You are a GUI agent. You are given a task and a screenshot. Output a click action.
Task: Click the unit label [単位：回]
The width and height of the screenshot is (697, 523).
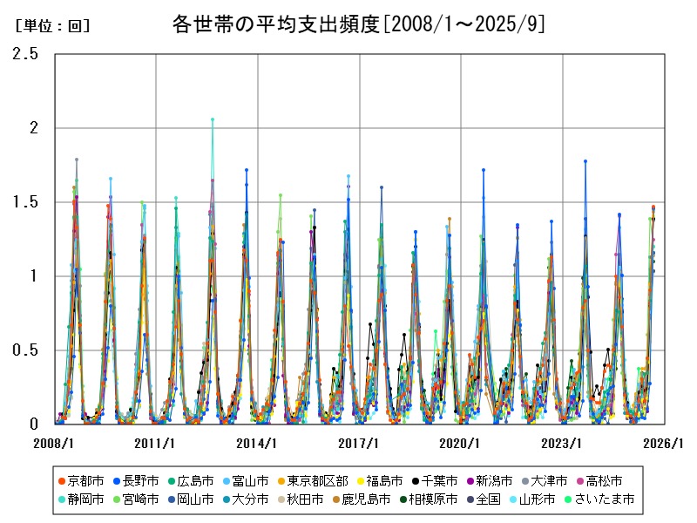click(53, 26)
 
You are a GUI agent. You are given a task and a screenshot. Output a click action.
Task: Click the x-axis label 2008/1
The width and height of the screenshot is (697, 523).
click(54, 443)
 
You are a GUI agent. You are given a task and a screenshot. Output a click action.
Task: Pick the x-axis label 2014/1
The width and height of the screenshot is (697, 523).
click(258, 443)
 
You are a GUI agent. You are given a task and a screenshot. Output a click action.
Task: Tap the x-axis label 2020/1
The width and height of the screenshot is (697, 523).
click(461, 443)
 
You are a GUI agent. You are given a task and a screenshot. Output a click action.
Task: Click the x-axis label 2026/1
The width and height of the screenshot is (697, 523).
click(664, 443)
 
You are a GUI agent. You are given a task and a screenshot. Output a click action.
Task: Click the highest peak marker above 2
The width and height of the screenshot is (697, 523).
click(213, 119)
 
